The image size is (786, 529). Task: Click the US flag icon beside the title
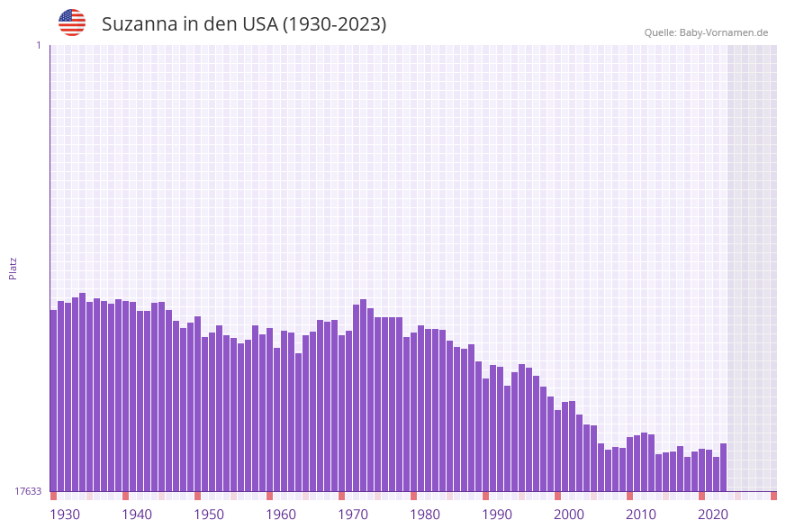tap(72, 23)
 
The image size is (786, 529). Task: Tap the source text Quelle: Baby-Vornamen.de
tap(706, 32)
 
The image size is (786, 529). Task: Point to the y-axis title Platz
tap(14, 268)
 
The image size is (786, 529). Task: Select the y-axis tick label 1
tap(38, 45)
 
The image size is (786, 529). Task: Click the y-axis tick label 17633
tap(28, 491)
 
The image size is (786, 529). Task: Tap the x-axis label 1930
tap(65, 515)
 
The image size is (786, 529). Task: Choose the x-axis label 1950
tap(209, 515)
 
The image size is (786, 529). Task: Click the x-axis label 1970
tap(353, 515)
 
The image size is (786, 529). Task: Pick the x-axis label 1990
tap(497, 515)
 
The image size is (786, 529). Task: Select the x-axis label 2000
tap(569, 515)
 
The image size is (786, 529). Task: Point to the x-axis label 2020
tap(713, 515)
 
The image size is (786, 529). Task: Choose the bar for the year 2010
tap(630, 464)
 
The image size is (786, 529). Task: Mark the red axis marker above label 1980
tap(414, 496)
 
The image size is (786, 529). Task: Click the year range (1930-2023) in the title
tap(334, 24)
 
